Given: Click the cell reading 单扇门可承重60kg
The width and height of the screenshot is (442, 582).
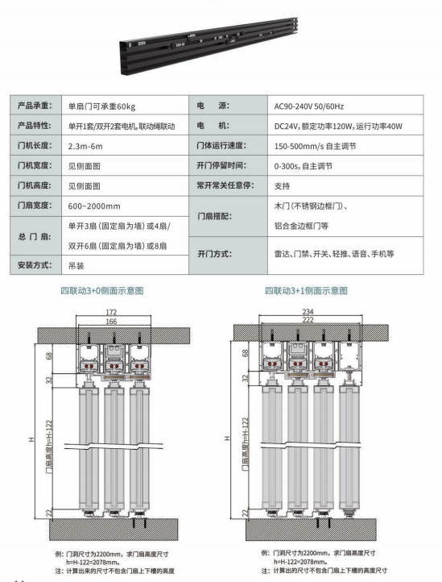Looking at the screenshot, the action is tap(101, 106).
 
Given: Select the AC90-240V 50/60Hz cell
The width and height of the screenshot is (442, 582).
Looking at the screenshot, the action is tap(309, 106).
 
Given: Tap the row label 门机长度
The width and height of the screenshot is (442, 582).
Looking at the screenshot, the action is tap(35, 145).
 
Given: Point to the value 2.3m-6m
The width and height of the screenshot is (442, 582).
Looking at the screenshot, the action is tap(85, 146).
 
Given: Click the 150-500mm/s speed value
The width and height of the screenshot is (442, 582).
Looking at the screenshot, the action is tap(315, 146).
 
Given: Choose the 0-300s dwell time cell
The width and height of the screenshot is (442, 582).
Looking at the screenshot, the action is tap(304, 166).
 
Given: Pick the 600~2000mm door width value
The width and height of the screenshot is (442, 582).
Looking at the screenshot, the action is tap(94, 206).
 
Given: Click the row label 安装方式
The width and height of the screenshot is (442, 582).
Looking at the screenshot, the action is tap(35, 265).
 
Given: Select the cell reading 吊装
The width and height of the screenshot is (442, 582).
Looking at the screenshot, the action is tap(76, 266).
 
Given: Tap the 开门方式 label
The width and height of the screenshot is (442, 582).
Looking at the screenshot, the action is tap(215, 254).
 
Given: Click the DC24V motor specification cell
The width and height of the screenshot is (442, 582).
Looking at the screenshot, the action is tap(338, 127).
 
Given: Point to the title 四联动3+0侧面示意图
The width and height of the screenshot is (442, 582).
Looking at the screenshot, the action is tap(102, 291).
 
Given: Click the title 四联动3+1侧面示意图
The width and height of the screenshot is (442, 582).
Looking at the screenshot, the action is tap(306, 291).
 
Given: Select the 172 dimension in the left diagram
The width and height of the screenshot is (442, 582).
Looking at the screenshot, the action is tap(111, 312).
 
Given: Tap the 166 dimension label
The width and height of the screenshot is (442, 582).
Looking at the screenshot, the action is tap(111, 322).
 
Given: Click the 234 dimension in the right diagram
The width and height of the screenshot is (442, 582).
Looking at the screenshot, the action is tap(308, 311).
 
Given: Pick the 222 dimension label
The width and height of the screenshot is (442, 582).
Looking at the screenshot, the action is tap(308, 319).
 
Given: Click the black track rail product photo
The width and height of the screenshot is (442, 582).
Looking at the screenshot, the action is tap(209, 46).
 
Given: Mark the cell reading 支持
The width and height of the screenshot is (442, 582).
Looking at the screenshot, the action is tap(282, 186).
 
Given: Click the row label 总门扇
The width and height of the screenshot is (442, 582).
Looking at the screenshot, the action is tap(35, 237).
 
